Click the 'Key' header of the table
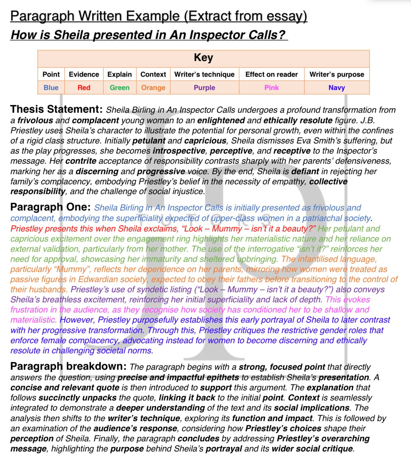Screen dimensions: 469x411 (x=203, y=58)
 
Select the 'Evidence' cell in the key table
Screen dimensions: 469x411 (x=84, y=74)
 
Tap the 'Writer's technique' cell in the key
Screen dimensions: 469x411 (x=204, y=74)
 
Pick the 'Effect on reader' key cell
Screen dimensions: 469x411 (x=271, y=74)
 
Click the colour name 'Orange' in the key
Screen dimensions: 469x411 (x=153, y=88)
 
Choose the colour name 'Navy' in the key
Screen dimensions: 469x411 (x=336, y=88)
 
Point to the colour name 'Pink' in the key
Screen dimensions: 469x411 (x=271, y=88)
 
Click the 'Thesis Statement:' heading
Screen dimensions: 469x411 (x=56, y=110)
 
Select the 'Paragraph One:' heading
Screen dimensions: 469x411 (x=51, y=207)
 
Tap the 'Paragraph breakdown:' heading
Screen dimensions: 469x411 (x=68, y=367)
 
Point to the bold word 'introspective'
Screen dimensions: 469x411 (x=179, y=151)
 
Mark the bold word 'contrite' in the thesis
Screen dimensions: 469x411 (x=81, y=161)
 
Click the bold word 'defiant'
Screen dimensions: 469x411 (x=305, y=171)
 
